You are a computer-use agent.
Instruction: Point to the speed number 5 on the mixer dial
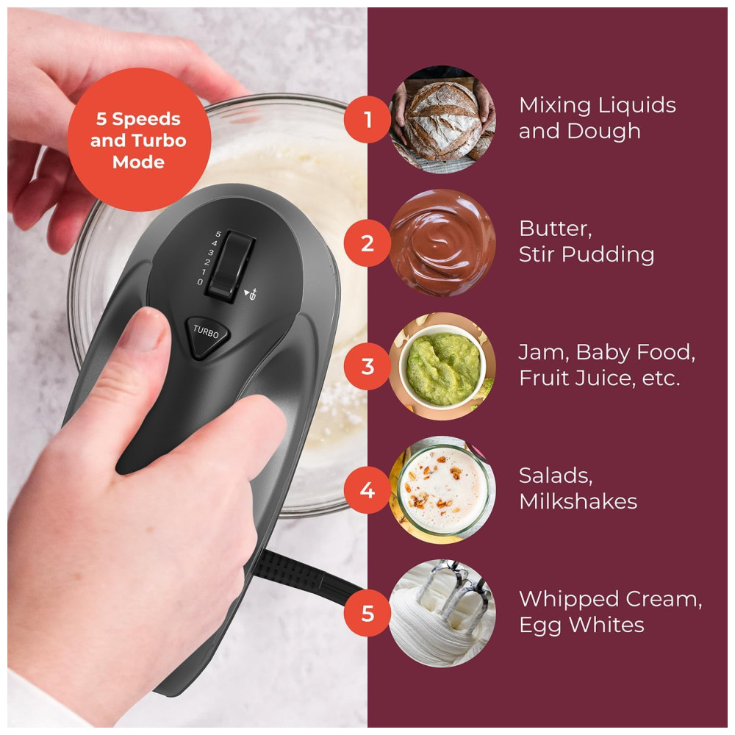(218, 234)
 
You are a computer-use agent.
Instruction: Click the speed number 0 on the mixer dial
(200, 282)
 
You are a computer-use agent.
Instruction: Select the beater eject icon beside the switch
(251, 294)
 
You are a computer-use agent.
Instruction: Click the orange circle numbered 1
(367, 120)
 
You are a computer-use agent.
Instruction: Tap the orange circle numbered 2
(367, 243)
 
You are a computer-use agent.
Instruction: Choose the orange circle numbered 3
(367, 367)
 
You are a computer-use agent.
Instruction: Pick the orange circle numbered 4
(367, 490)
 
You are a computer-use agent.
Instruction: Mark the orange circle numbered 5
(367, 613)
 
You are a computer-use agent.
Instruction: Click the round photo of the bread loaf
(442, 120)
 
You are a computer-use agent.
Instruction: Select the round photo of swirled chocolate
(442, 243)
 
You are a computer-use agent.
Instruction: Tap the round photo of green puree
(442, 367)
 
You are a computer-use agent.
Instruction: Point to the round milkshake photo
(442, 490)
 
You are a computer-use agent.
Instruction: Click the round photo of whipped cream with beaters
(442, 613)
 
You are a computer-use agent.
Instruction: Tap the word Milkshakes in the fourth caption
(578, 501)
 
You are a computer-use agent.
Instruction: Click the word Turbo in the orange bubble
(159, 140)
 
